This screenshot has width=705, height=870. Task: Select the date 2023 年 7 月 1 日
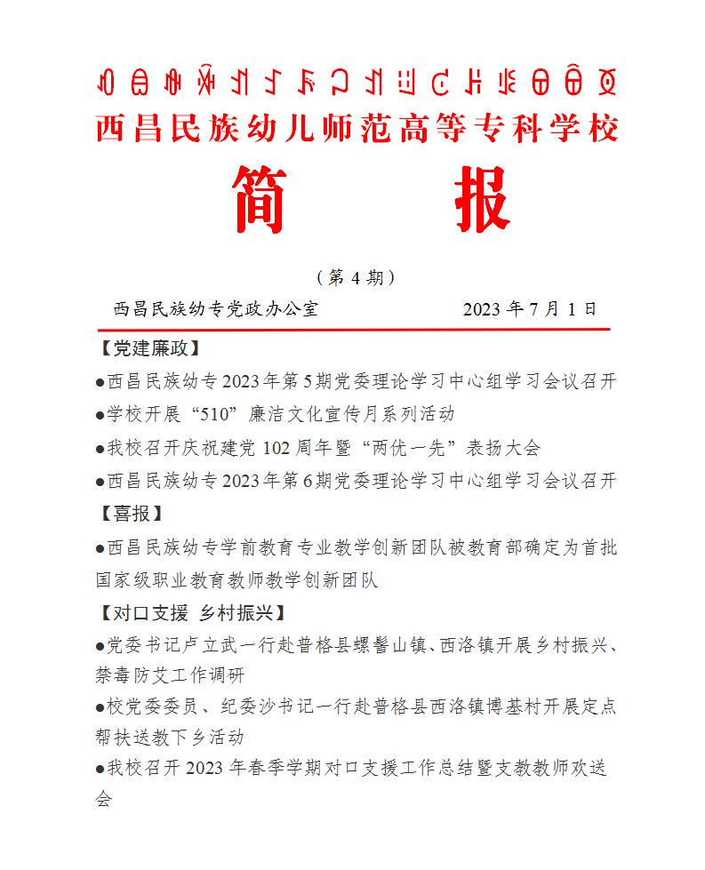(530, 309)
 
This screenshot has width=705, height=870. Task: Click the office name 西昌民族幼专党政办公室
(215, 309)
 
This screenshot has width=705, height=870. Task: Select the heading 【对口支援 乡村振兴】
(190, 613)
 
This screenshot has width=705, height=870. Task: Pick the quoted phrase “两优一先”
(397, 448)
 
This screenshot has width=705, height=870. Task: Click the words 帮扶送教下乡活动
(170, 738)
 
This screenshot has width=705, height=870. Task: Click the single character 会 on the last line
(104, 798)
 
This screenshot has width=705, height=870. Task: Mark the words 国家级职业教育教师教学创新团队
(237, 579)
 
